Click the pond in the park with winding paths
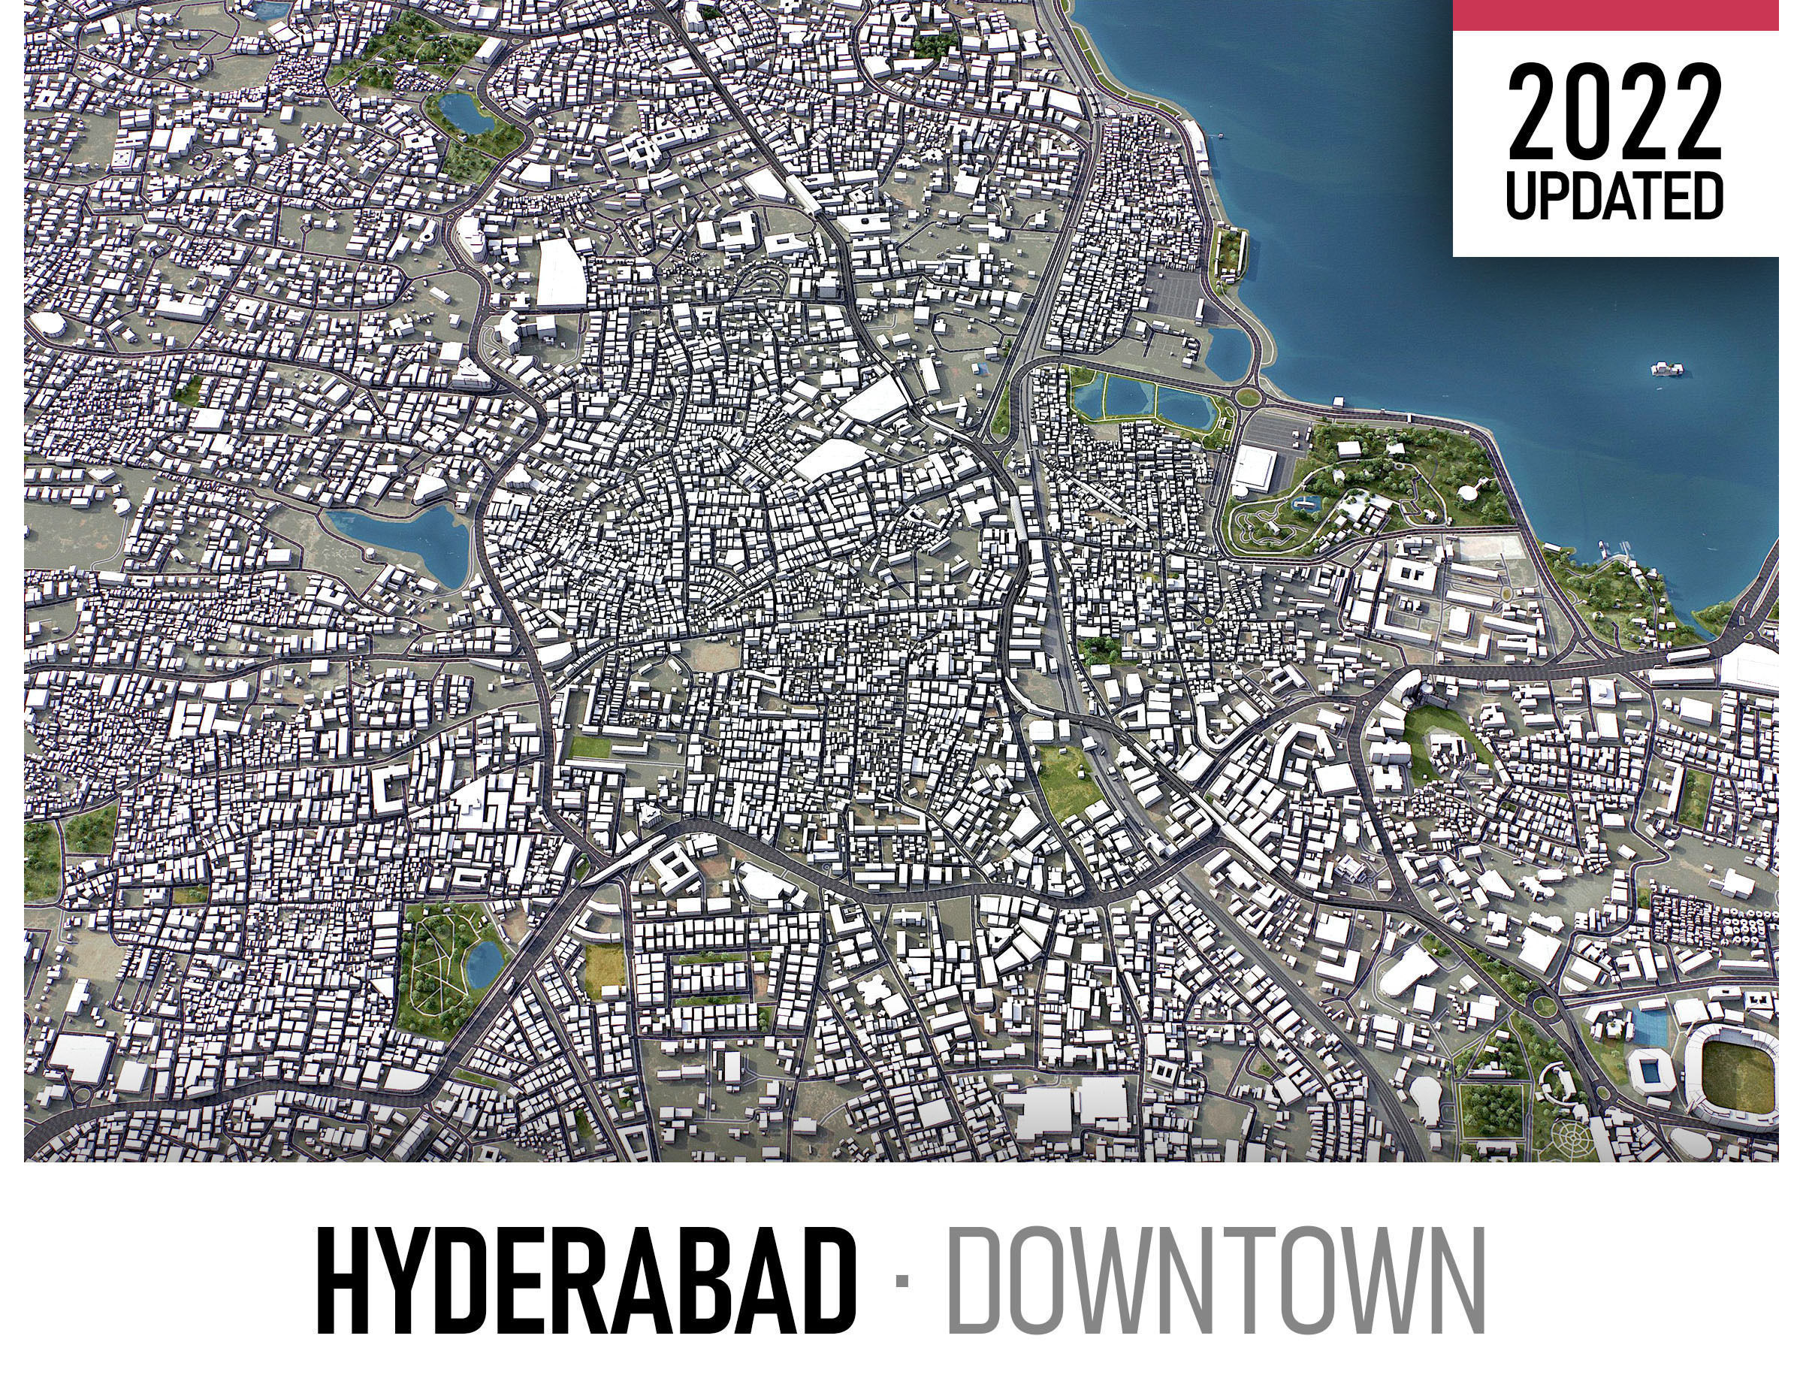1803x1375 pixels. pos(485,962)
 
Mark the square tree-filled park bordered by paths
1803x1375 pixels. pos(1491,1109)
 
